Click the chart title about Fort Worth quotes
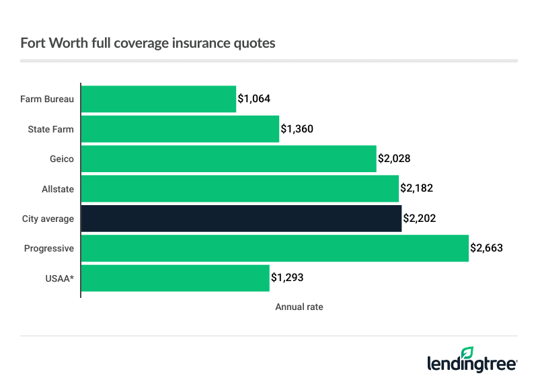148,43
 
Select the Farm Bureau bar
159,100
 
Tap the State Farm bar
180,129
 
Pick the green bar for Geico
229,159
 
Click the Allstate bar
240,189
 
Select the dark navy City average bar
241,219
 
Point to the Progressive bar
275,248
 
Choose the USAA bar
176,278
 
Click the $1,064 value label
254,100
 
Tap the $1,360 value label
297,129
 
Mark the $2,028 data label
394,159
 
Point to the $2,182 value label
417,189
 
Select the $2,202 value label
420,219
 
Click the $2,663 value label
486,248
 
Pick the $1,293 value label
288,278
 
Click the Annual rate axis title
299,307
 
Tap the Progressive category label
49,248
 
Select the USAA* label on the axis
60,278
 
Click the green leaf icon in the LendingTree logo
467,351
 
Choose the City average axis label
48,219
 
